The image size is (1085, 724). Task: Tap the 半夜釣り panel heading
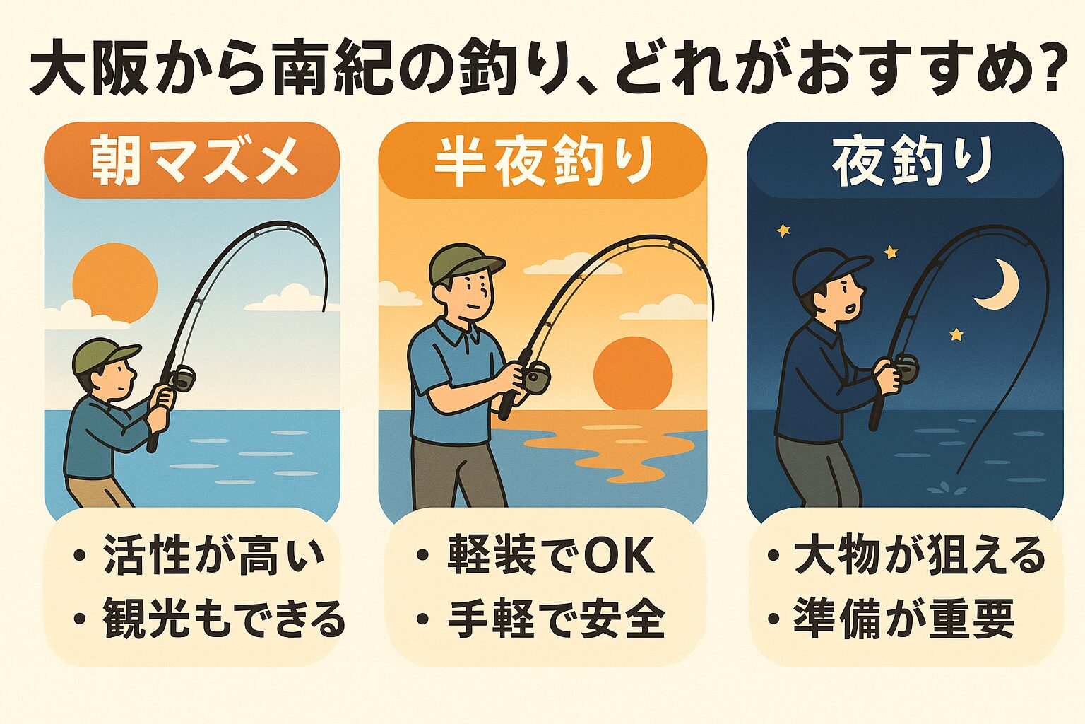[542, 162]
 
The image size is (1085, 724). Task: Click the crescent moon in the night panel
[998, 284]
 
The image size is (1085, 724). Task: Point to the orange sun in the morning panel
[115, 283]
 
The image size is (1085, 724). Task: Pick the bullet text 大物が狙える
[919, 555]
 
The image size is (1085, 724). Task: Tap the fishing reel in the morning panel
[183, 378]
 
